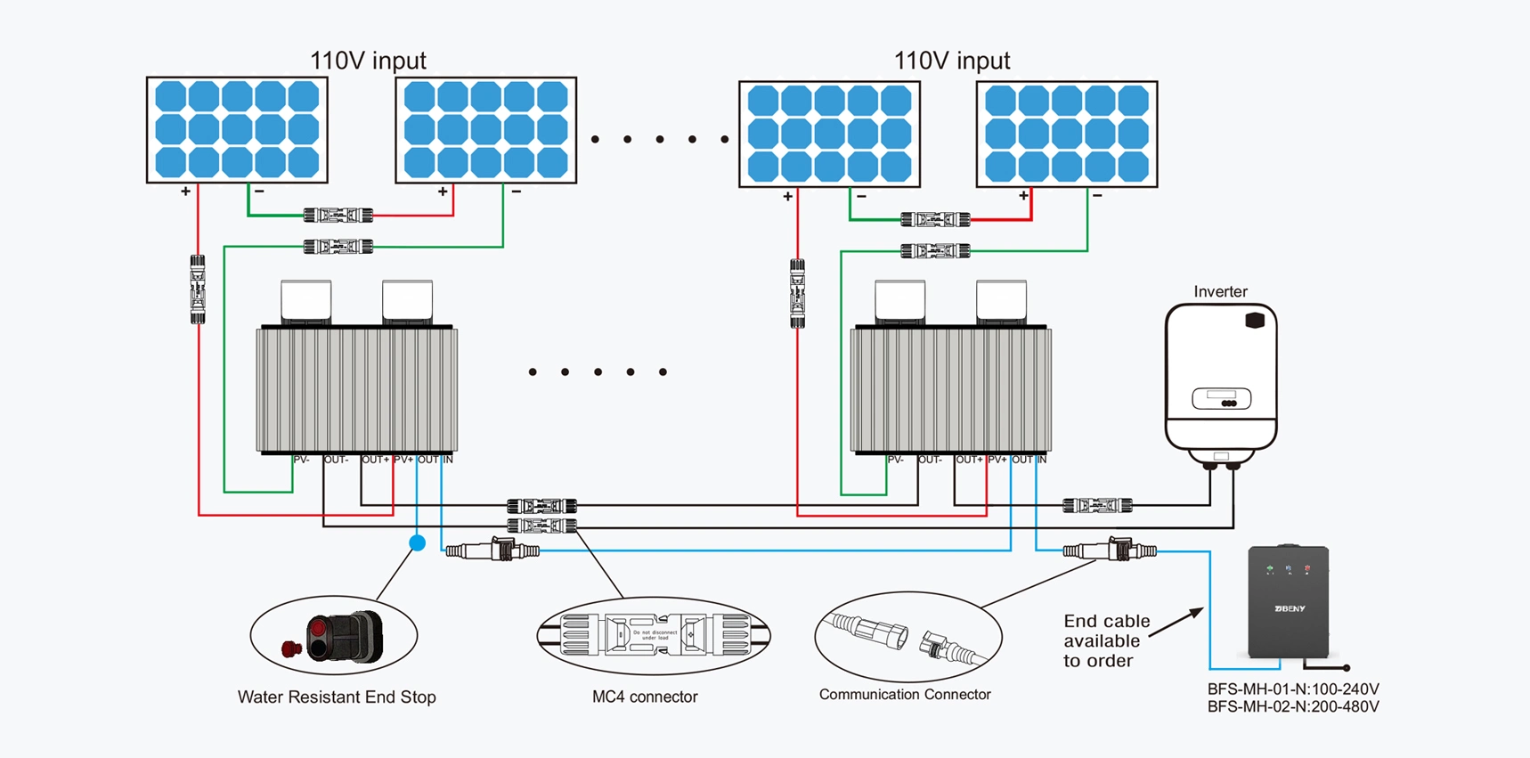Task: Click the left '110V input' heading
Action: [x=368, y=61]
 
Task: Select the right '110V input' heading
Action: [x=951, y=61]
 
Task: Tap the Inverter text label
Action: [x=1220, y=291]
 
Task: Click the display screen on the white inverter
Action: [x=1222, y=398]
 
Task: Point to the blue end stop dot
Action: [x=417, y=542]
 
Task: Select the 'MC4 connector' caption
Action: [x=645, y=697]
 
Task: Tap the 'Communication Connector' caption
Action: [x=904, y=694]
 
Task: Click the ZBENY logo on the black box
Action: [x=1289, y=608]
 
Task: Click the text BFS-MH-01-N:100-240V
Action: [x=1293, y=689]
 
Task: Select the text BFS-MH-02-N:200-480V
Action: [x=1293, y=707]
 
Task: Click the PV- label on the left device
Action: [x=301, y=460]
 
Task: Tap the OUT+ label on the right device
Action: [x=969, y=460]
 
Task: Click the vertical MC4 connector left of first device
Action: [x=198, y=289]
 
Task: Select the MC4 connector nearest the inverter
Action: [x=1097, y=506]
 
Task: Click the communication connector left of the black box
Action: [x=1110, y=550]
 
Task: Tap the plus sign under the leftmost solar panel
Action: [x=185, y=192]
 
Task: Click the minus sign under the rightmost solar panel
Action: [x=1097, y=195]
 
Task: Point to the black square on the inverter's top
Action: [x=1255, y=320]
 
